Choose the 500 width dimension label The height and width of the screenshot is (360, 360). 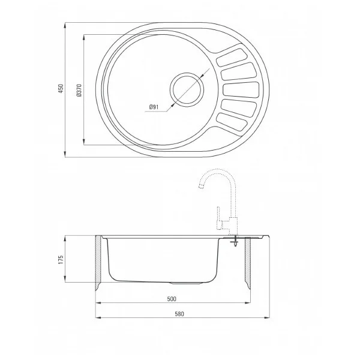pyautogui.click(x=171, y=298)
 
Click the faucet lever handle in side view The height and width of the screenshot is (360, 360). pyautogui.click(x=224, y=225)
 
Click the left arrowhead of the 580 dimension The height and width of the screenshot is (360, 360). pyautogui.click(x=97, y=318)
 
